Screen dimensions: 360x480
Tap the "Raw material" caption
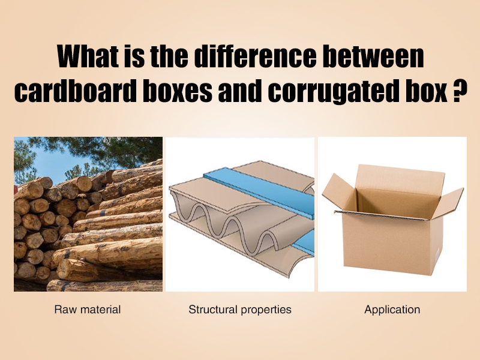pyautogui.click(x=88, y=310)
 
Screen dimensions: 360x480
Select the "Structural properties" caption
pyautogui.click(x=240, y=310)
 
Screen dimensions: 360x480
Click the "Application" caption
pyautogui.click(x=392, y=310)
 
